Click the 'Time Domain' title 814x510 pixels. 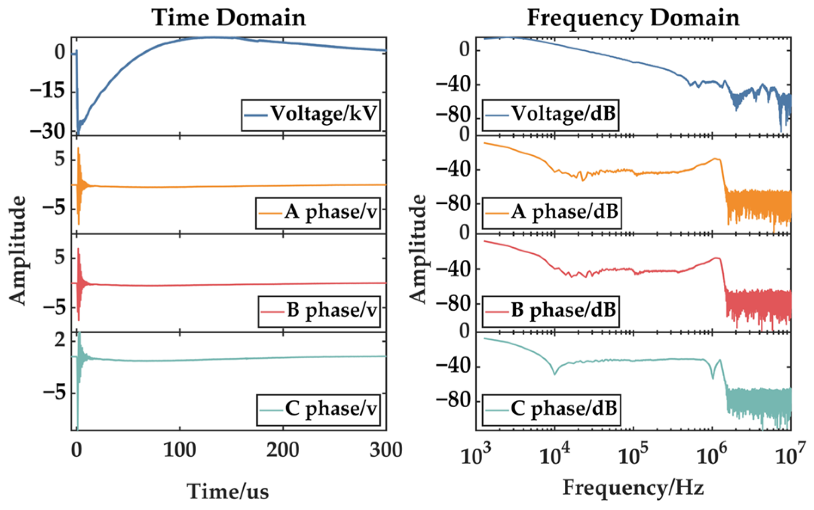coord(229,18)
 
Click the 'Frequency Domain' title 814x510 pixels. coord(633,18)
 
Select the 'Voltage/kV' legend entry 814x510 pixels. coord(311,114)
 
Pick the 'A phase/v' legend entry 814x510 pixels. coord(318,212)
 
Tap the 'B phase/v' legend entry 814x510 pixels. coord(319,310)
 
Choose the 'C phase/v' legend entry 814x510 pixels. coord(318,409)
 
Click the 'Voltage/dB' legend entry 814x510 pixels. coord(551,114)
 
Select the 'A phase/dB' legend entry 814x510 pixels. coord(552,212)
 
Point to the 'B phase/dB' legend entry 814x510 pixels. coord(551,310)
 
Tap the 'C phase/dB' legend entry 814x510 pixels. coord(551,409)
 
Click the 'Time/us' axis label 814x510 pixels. coord(228,491)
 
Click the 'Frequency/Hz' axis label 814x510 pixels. coord(633,488)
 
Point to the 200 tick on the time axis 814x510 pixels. coord(283,451)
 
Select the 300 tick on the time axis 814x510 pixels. coord(386,451)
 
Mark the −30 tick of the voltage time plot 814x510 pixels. coord(48,131)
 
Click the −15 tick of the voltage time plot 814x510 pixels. coord(48,91)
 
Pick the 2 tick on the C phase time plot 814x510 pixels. coord(60,340)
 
